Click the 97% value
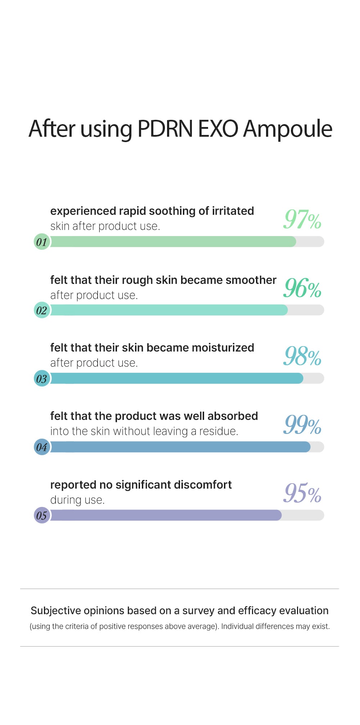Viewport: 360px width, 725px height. (x=302, y=219)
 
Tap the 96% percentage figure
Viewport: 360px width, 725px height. (x=302, y=288)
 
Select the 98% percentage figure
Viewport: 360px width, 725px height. (x=302, y=356)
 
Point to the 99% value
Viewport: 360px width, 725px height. (x=302, y=425)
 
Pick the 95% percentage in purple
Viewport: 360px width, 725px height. (x=302, y=493)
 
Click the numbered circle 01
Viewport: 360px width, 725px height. (x=42, y=242)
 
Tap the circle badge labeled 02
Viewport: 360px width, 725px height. (x=42, y=310)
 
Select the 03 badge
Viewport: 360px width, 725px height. (x=42, y=379)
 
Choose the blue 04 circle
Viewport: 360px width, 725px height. (x=42, y=447)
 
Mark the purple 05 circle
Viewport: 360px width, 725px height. (x=42, y=516)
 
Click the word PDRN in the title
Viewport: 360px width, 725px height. (x=165, y=129)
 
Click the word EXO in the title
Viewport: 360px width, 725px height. (x=218, y=129)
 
